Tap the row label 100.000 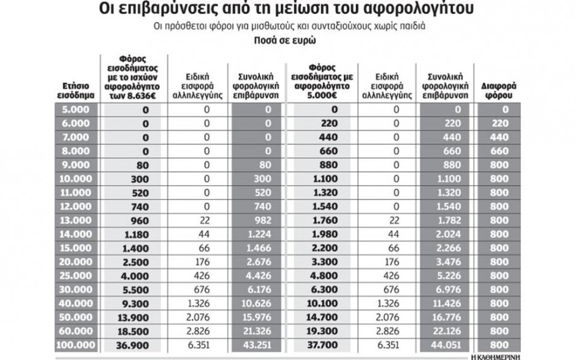[78, 346]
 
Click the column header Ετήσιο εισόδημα [78, 91]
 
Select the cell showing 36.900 [134, 346]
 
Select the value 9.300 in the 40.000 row [134, 304]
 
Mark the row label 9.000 [78, 164]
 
